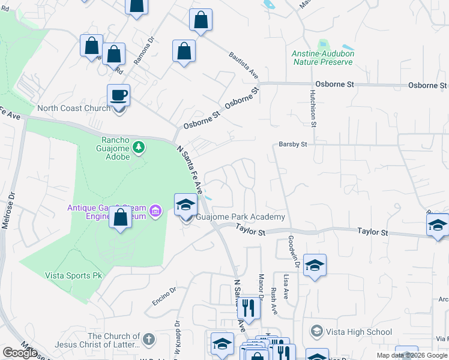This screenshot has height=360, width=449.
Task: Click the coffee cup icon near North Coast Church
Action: [x=118, y=95]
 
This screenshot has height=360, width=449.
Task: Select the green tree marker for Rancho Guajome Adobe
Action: [x=139, y=147]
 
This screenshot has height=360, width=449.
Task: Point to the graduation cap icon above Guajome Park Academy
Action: [x=185, y=205]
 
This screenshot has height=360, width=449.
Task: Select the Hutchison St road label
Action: [x=313, y=108]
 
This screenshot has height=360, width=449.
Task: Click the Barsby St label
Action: [x=292, y=145]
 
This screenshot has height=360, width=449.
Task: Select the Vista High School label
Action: [x=358, y=332]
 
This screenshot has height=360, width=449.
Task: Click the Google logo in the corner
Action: [x=20, y=353]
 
